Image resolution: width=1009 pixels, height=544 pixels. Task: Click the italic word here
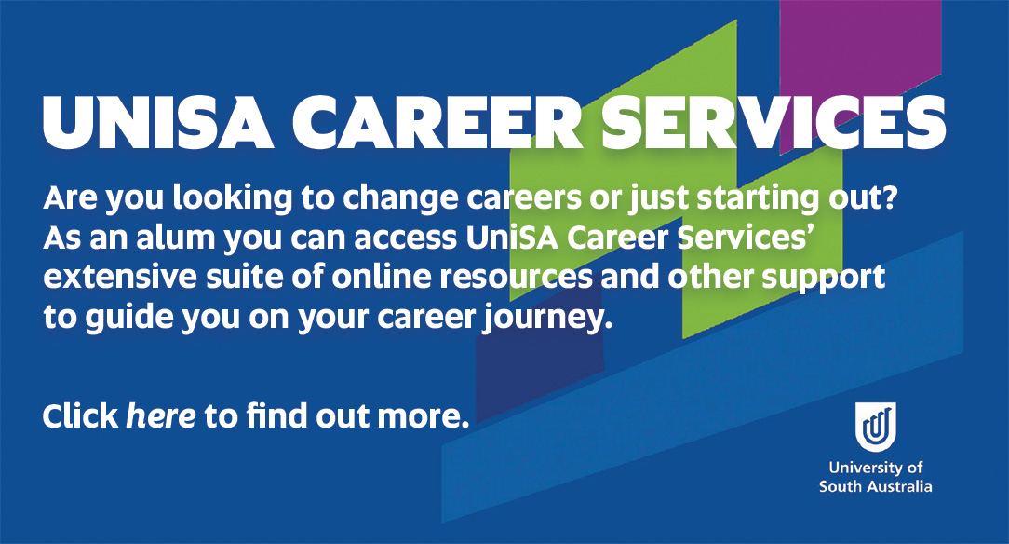(160, 416)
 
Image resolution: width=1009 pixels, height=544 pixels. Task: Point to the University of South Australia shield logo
(876, 428)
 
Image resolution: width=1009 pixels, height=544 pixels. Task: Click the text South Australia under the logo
(875, 486)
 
